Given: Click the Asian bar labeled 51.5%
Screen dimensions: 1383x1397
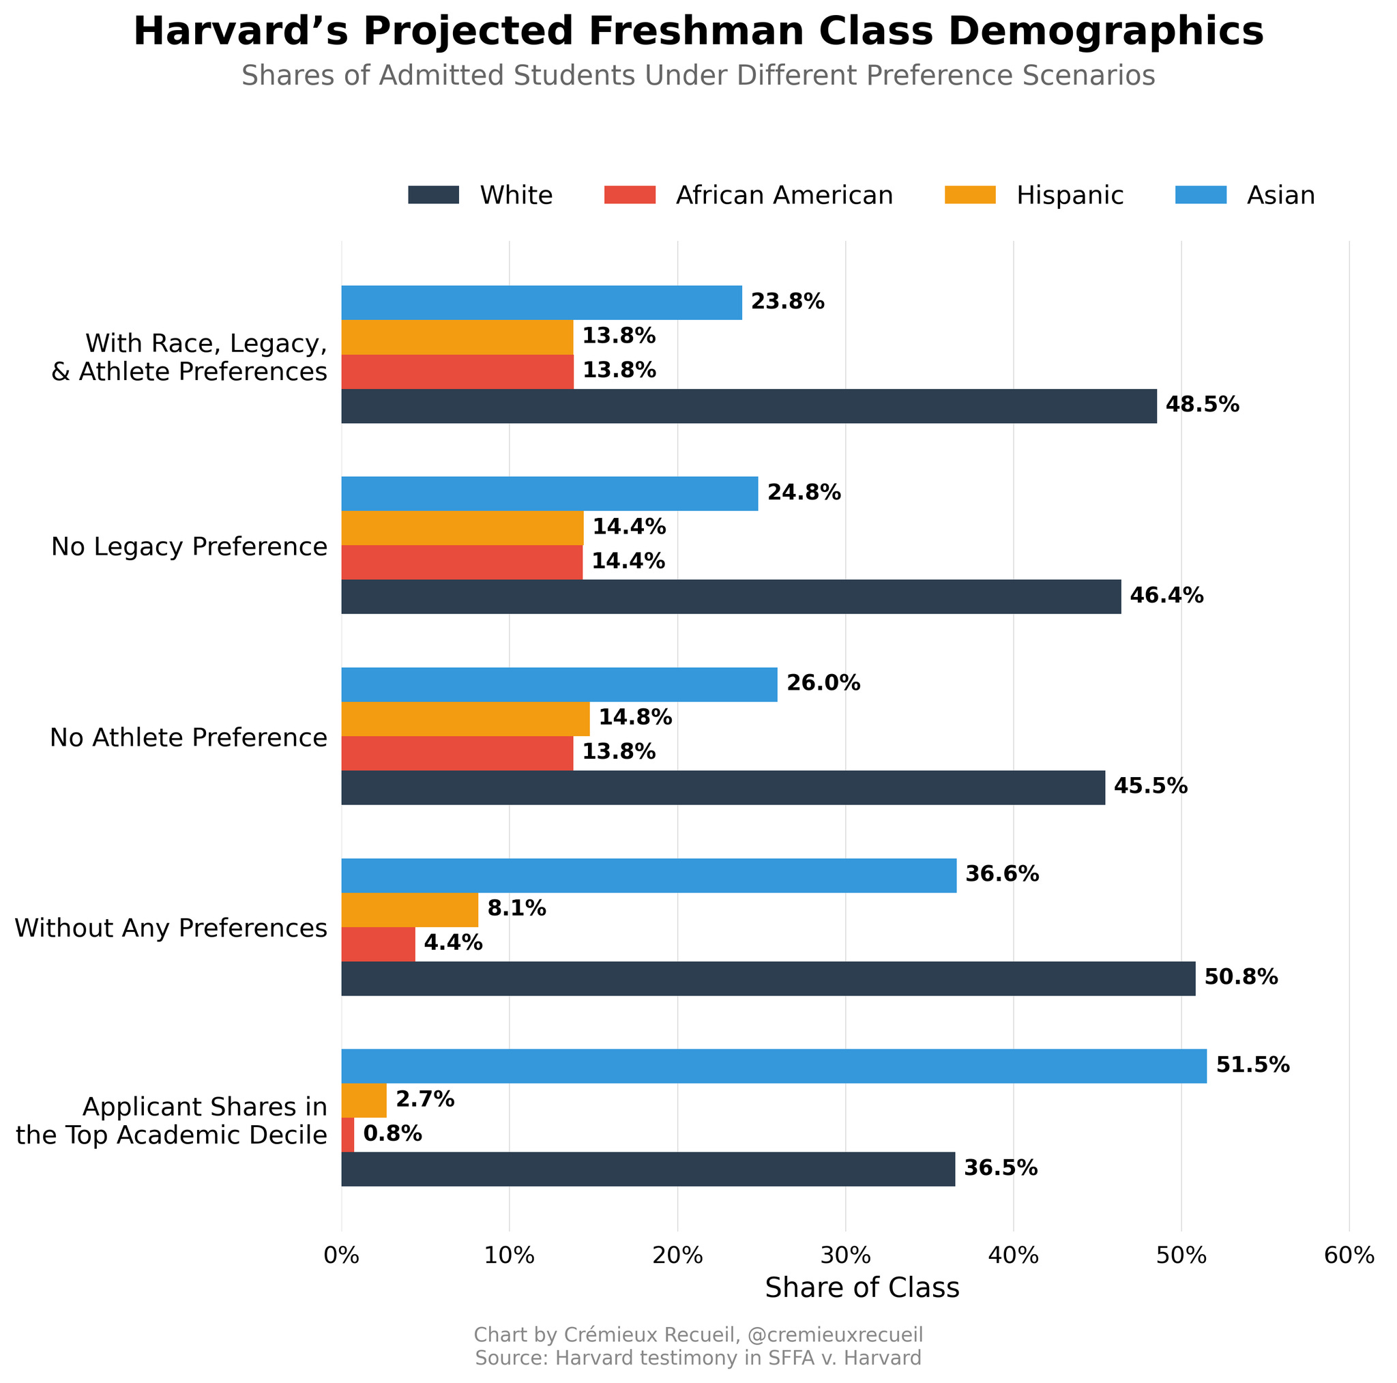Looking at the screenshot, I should (774, 1066).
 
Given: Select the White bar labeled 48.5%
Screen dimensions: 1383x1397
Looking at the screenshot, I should (748, 406).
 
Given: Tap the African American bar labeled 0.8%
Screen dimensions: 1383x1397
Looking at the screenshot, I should (348, 1134).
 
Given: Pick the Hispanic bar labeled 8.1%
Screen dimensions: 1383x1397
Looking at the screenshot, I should (409, 909).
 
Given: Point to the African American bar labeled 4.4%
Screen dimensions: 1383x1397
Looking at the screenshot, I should (378, 944).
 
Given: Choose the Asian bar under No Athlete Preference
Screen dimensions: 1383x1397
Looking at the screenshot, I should (559, 684).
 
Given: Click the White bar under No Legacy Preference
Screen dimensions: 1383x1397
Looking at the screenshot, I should (731, 597).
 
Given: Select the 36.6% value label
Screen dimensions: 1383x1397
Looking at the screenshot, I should (1002, 875).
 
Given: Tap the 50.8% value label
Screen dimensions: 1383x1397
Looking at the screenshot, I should (1241, 978).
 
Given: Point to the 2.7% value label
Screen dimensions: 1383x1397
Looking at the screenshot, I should (425, 1099).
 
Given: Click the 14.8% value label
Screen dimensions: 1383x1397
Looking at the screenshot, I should (635, 718).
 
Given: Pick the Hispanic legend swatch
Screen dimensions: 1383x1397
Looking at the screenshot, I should (970, 195).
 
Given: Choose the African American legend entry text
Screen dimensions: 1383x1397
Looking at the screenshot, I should (784, 195).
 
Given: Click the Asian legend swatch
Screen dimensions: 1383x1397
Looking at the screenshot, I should (1201, 195).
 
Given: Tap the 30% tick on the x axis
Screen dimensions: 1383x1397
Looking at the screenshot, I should (845, 1255).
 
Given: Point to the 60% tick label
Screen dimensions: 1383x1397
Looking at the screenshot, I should (1349, 1255).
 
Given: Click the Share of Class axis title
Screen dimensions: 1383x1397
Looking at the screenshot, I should (862, 1288).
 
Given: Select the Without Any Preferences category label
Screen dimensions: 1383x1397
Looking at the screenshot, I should (171, 927).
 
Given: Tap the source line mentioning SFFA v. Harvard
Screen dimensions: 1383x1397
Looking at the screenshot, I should (698, 1358).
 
